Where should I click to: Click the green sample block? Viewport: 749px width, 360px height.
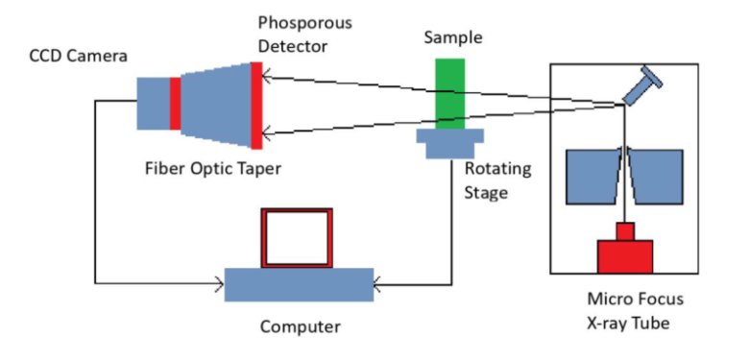pyautogui.click(x=449, y=93)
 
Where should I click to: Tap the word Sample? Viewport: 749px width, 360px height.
pyautogui.click(x=453, y=37)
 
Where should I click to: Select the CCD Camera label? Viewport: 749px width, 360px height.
pyautogui.click(x=79, y=56)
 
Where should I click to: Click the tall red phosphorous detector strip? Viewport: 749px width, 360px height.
pyautogui.click(x=256, y=106)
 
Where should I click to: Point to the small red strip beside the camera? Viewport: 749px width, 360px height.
pyautogui.click(x=175, y=104)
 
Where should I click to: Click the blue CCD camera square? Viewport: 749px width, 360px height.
pyautogui.click(x=154, y=104)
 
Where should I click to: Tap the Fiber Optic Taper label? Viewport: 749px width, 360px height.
pyautogui.click(x=213, y=169)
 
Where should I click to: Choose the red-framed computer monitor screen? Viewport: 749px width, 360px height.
pyautogui.click(x=297, y=238)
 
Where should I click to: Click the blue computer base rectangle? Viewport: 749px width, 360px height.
pyautogui.click(x=299, y=284)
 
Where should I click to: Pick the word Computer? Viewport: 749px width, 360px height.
pyautogui.click(x=300, y=327)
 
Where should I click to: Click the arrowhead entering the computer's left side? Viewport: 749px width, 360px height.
pyautogui.click(x=219, y=284)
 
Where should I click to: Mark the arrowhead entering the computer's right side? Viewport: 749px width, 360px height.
pyautogui.click(x=378, y=285)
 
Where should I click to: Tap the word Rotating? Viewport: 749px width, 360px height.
pyautogui.click(x=497, y=170)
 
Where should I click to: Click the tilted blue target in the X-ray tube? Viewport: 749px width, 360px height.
pyautogui.click(x=643, y=86)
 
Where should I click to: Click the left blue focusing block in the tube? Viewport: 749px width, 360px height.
pyautogui.click(x=594, y=177)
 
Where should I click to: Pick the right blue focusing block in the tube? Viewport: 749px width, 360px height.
pyautogui.click(x=655, y=177)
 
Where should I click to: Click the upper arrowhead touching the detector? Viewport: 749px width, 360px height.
pyautogui.click(x=268, y=77)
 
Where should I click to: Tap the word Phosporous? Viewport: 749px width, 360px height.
pyautogui.click(x=304, y=23)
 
